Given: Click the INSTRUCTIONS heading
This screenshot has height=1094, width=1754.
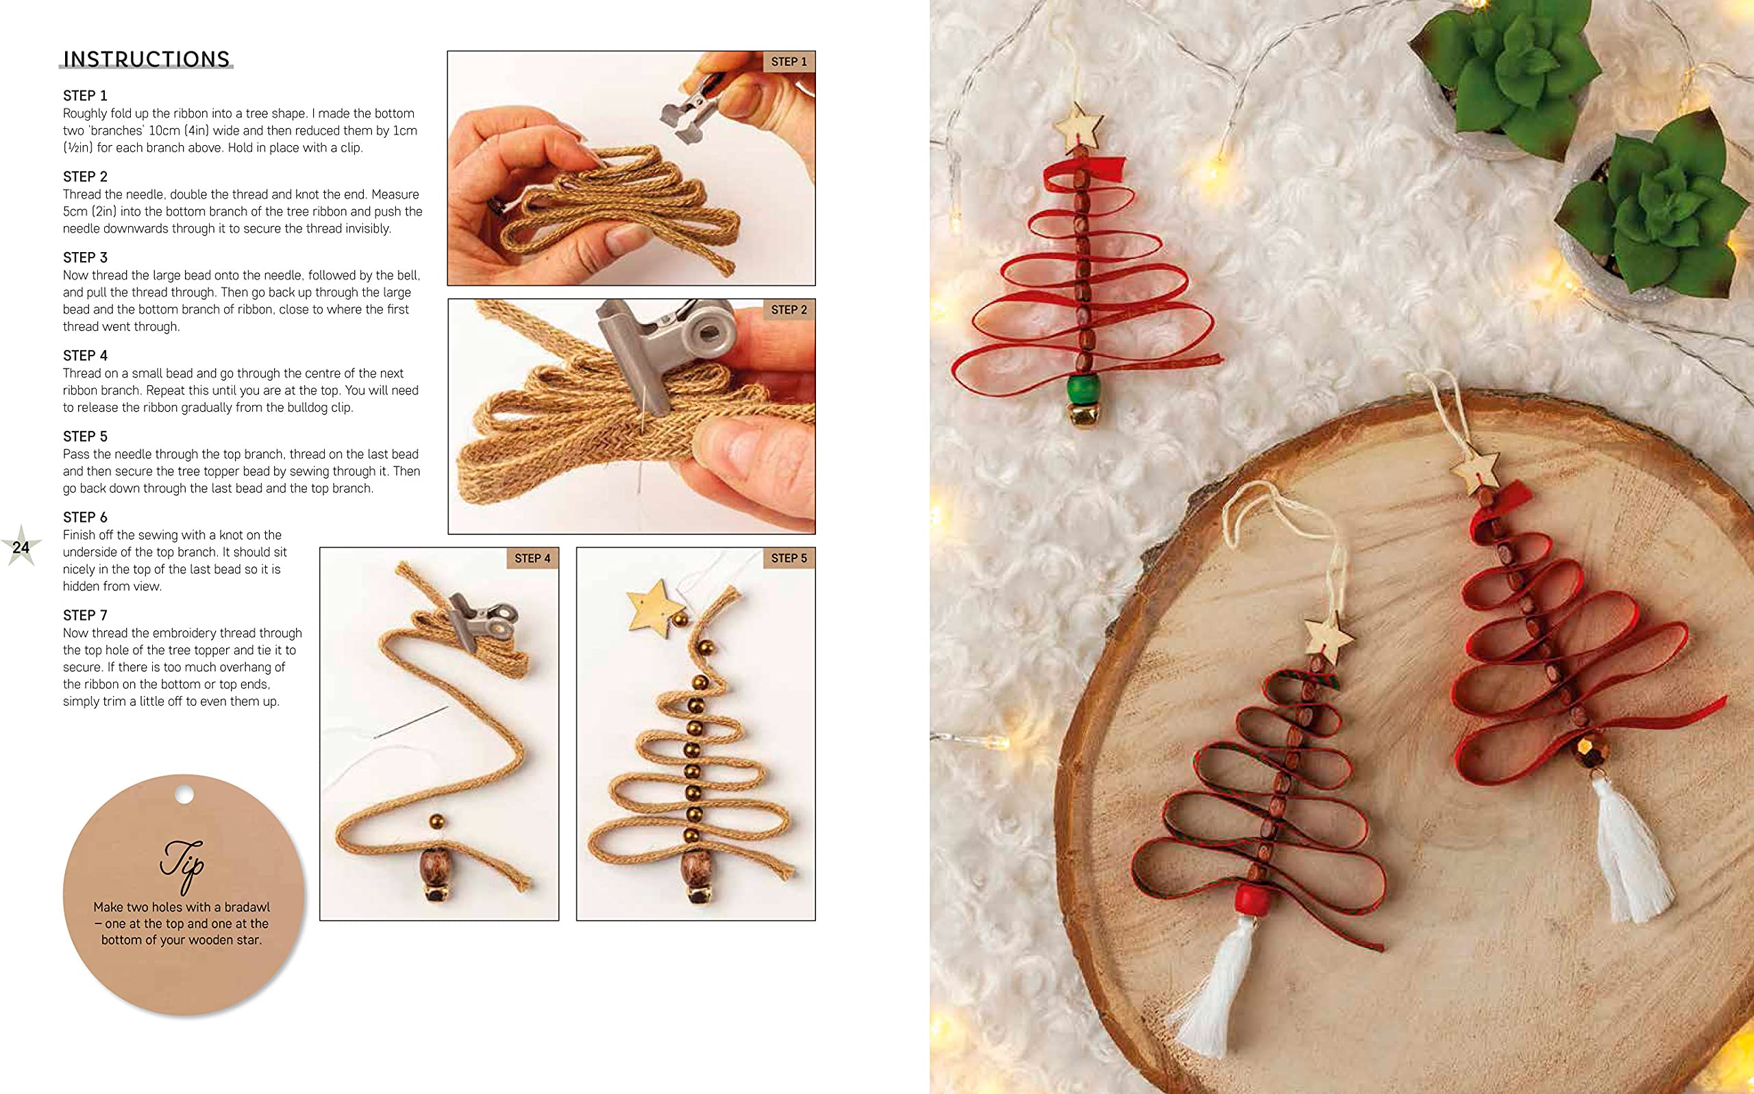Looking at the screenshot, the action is (x=146, y=60).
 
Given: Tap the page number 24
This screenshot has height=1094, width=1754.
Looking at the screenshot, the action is (x=21, y=547).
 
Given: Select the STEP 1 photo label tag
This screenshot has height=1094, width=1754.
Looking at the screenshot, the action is (x=789, y=62).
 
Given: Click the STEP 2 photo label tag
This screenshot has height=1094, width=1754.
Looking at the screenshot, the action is (x=789, y=310).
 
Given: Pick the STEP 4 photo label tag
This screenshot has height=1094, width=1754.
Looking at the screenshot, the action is (x=532, y=558).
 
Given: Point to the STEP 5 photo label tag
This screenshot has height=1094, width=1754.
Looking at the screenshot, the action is (x=789, y=558).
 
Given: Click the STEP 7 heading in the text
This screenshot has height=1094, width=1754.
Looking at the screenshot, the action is (x=86, y=615).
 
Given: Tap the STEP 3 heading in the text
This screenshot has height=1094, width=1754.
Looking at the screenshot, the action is (x=86, y=258).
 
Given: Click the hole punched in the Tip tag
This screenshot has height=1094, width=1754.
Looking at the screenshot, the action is (x=184, y=795).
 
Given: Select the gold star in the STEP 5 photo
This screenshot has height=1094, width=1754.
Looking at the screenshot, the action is (x=654, y=604).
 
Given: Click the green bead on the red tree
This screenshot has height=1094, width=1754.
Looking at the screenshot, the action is (x=1083, y=390).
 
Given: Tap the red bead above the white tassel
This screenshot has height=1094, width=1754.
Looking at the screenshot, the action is (x=1254, y=900).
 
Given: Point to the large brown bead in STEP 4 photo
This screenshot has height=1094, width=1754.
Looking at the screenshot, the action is (x=436, y=866).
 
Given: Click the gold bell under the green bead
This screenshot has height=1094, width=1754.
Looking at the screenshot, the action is (x=1083, y=417).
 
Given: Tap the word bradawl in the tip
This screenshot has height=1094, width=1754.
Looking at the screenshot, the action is (x=247, y=906).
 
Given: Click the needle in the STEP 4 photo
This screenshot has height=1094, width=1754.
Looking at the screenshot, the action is (x=411, y=722).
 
